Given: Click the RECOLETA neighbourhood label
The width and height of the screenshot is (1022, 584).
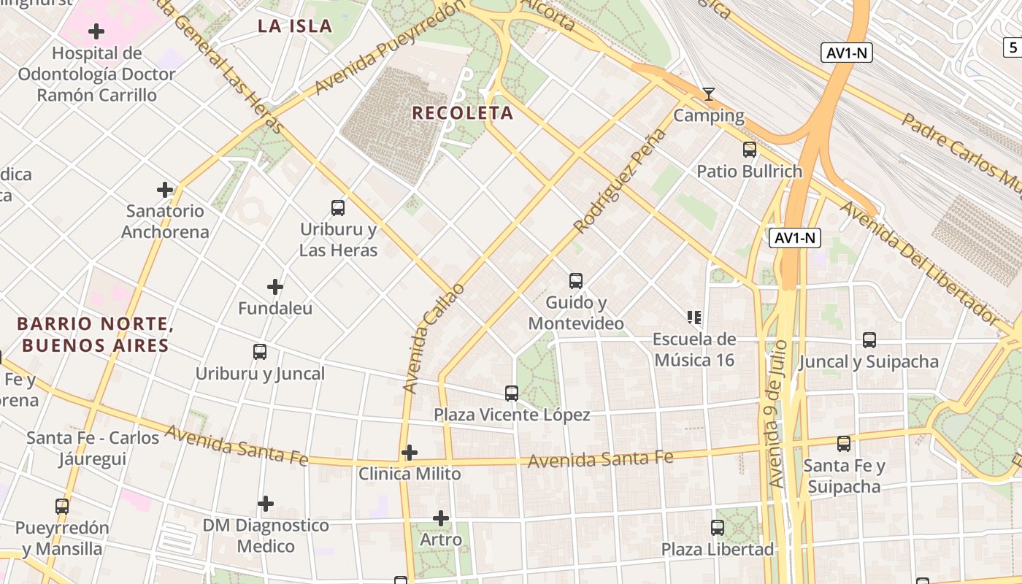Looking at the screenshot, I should click(463, 113).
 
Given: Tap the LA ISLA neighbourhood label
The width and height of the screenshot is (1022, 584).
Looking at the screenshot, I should click(295, 26).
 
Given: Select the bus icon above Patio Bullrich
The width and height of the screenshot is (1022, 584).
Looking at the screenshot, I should click(749, 150).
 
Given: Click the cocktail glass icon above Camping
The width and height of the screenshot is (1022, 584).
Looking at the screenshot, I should click(708, 94).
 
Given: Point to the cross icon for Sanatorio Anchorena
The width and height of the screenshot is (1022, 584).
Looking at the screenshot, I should click(165, 190).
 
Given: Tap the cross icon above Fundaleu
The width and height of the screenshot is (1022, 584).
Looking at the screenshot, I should click(275, 287).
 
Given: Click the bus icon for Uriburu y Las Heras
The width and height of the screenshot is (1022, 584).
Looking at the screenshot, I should click(338, 207).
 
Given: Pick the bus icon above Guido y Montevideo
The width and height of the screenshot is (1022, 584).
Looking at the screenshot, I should click(576, 280).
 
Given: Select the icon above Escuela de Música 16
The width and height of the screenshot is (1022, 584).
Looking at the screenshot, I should click(694, 318).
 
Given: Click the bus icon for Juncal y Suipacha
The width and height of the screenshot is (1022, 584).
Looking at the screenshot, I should click(869, 339).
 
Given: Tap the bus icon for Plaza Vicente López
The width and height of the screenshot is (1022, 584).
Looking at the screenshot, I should click(512, 393).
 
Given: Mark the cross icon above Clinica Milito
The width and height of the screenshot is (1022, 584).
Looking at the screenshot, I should click(410, 453).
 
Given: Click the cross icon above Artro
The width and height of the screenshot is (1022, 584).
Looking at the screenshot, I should click(441, 518).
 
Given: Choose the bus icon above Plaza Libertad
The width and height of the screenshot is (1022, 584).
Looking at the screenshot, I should click(718, 527).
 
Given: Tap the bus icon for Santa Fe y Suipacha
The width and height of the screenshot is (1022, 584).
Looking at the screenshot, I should click(844, 443).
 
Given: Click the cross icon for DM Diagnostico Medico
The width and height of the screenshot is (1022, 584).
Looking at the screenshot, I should click(266, 504).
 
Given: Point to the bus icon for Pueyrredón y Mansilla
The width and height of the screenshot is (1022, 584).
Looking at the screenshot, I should click(62, 506).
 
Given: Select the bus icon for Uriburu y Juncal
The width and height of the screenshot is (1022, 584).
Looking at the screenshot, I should click(260, 352).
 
